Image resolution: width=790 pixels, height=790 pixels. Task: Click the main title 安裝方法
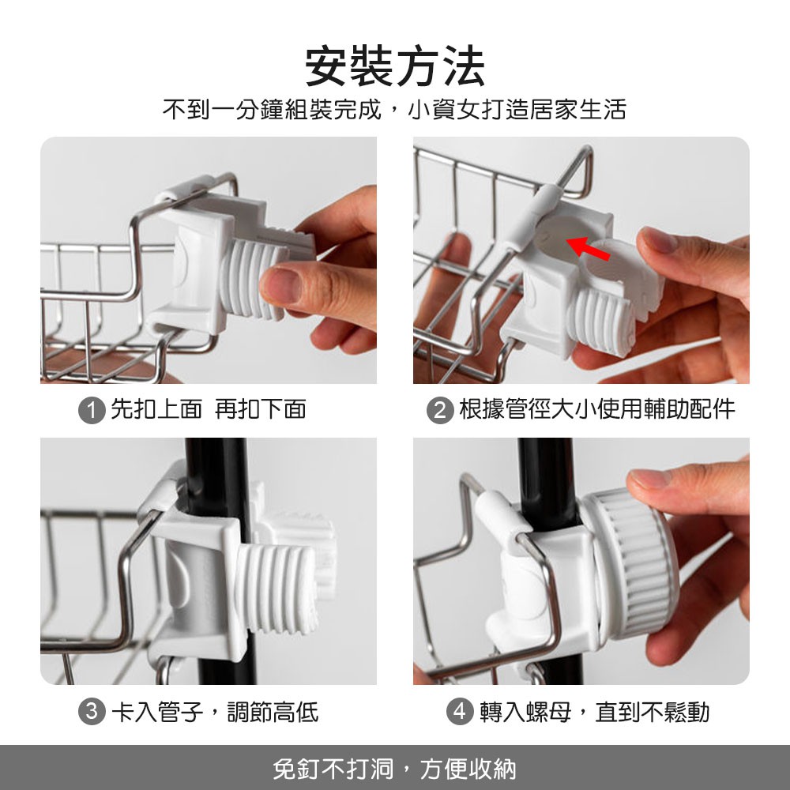click(x=395, y=66)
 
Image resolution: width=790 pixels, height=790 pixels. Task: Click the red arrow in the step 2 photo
click(x=589, y=247)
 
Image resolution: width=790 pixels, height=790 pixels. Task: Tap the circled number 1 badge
click(x=91, y=410)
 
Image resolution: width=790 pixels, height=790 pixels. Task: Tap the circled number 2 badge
click(x=440, y=410)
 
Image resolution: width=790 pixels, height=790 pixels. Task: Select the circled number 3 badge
click(x=91, y=712)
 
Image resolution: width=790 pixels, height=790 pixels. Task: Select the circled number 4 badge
click(x=460, y=712)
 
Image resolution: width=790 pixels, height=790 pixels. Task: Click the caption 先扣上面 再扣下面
click(x=208, y=409)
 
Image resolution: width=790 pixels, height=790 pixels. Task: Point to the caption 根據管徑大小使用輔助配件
click(x=596, y=409)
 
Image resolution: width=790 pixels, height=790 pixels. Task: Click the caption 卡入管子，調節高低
click(x=215, y=712)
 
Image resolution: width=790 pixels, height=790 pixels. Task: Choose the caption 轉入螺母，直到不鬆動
click(x=595, y=712)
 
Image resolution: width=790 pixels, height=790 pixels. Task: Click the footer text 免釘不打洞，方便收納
click(x=395, y=769)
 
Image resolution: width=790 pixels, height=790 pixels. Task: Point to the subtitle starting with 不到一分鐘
click(x=394, y=109)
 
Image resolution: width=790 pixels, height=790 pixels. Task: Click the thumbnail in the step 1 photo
click(x=279, y=284)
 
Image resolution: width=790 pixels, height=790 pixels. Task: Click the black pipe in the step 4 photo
click(x=547, y=483)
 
